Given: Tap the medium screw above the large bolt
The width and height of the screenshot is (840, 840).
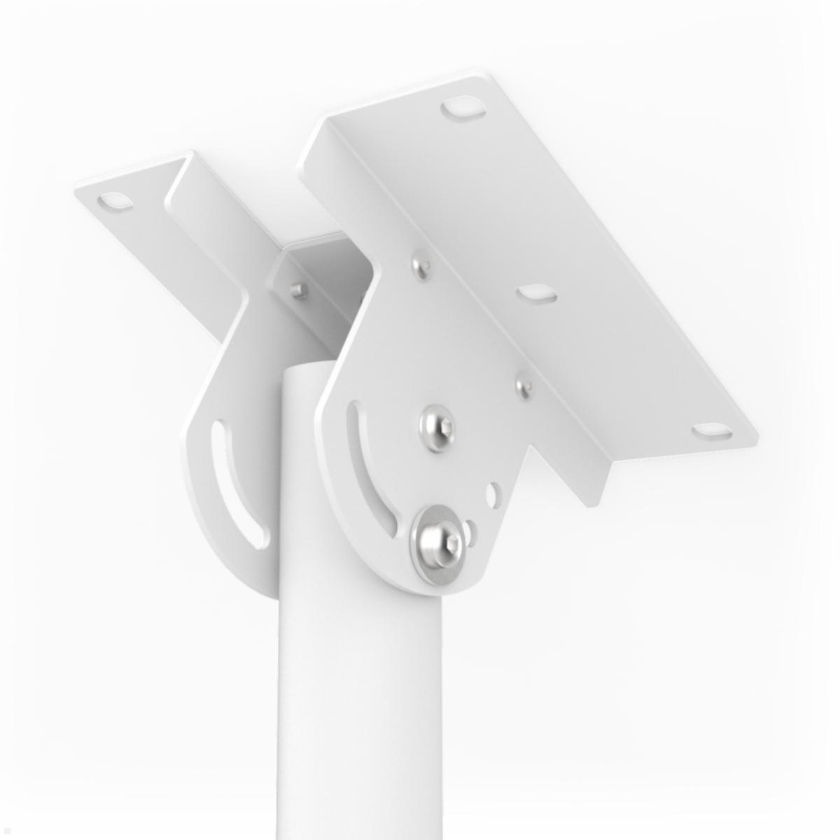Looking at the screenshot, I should (435, 424).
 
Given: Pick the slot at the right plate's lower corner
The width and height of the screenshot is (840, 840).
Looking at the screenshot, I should (711, 433).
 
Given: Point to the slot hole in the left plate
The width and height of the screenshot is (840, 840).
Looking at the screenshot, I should (115, 202).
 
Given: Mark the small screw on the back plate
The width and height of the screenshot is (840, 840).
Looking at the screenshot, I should (298, 288).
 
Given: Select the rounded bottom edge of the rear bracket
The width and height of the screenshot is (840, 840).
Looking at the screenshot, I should (245, 581).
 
